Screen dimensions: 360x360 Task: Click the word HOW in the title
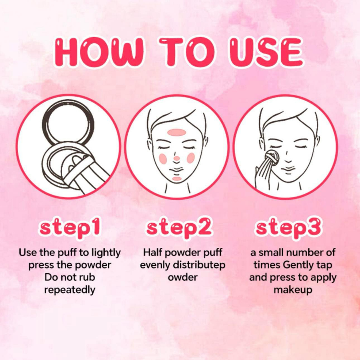99,52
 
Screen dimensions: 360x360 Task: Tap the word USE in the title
266,52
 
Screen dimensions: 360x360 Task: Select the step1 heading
70,227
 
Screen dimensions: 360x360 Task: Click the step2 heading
179,227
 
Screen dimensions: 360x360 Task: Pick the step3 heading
288,227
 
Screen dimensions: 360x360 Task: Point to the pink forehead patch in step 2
176,132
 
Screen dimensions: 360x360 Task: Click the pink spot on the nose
176,158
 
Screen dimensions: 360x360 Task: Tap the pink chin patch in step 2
177,179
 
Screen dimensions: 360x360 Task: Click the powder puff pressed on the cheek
272,157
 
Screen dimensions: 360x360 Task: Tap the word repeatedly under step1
70,290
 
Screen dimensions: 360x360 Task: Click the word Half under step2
153,252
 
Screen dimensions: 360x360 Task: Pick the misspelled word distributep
199,265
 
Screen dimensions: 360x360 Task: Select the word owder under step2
183,277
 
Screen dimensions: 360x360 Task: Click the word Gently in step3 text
298,265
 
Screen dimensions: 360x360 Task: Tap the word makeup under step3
293,290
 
